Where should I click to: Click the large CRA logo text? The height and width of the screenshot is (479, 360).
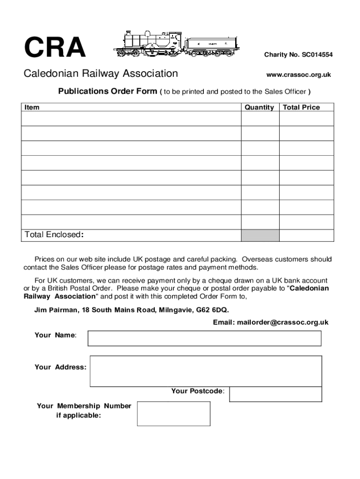point(55,48)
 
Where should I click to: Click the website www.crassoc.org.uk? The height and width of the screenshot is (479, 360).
point(298,75)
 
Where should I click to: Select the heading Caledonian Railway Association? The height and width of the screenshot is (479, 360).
point(101,73)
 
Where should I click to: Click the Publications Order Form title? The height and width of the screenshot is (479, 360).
point(108,91)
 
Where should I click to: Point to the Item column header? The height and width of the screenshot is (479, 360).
point(32,107)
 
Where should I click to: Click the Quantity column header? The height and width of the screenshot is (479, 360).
point(259,107)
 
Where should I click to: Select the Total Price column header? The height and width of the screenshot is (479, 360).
point(302,107)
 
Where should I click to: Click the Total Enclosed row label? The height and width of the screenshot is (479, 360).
point(54,234)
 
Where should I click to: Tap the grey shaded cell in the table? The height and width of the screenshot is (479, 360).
point(260,235)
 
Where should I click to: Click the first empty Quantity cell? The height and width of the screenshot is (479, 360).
point(260,119)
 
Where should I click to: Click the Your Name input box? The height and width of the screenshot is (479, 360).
point(204,338)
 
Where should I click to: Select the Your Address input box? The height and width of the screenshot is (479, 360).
point(206,371)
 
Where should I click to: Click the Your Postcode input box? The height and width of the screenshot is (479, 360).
point(275,394)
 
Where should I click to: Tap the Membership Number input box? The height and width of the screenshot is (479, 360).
point(173,414)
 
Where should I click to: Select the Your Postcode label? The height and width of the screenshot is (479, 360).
point(197,391)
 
